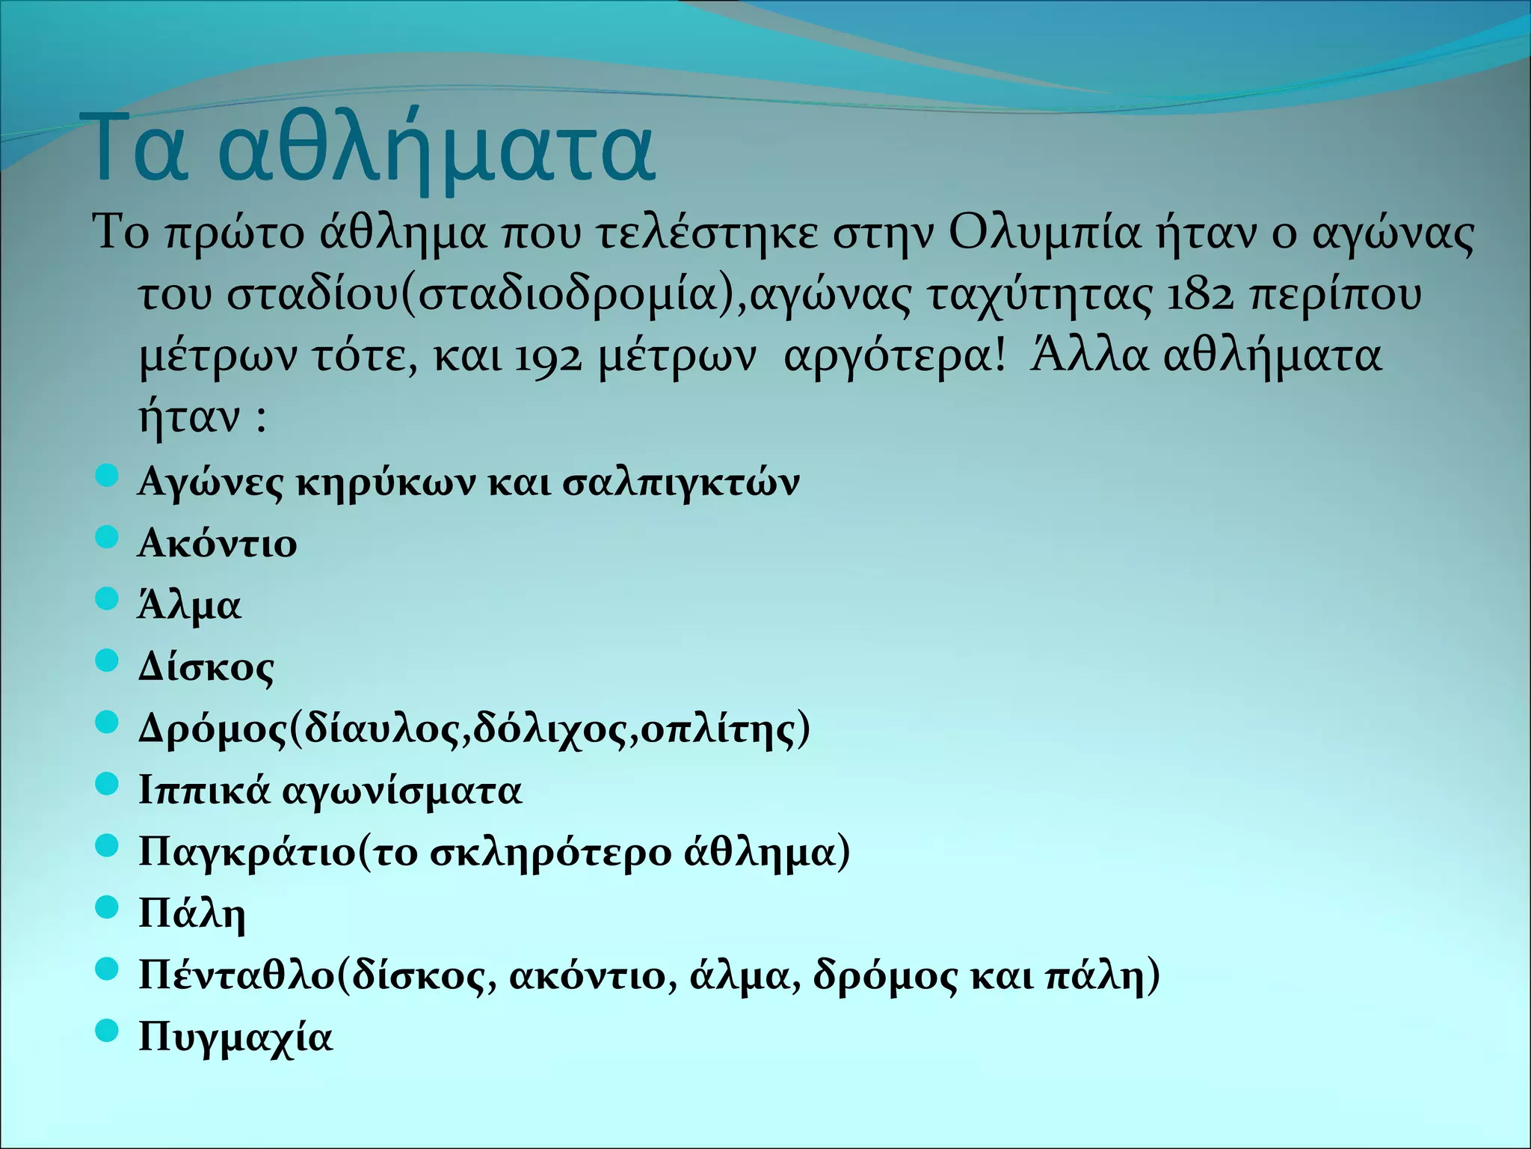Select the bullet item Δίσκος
206,667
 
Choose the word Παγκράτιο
247,853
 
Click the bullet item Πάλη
192,914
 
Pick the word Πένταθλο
238,975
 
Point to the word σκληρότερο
550,853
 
